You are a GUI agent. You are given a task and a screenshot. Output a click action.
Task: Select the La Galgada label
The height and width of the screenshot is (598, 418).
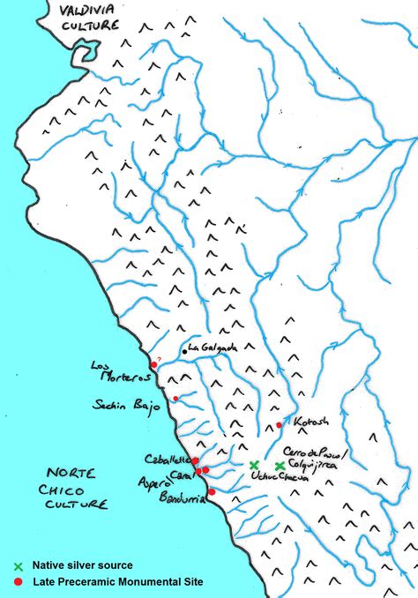coord(213,348)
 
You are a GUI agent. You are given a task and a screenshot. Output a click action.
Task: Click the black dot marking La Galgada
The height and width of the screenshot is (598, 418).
coord(185,352)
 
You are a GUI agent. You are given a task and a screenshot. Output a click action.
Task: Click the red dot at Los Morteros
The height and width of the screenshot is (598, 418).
coord(153,364)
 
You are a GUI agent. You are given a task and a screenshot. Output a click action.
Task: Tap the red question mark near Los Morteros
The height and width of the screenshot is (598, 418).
coord(159,358)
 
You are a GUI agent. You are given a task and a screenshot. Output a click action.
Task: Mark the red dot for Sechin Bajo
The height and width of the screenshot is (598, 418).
coord(175,399)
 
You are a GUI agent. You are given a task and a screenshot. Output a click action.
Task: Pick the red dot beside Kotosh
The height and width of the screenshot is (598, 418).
coord(280,425)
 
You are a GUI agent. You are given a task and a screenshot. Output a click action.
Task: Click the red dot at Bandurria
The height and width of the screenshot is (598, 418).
coord(211,492)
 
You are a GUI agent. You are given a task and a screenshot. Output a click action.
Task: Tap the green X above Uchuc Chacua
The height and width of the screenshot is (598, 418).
coord(254,465)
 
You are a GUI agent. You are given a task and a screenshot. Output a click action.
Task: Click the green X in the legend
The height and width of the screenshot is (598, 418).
coord(18,565)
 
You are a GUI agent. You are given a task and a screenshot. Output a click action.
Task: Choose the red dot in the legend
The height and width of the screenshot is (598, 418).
coord(18,581)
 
